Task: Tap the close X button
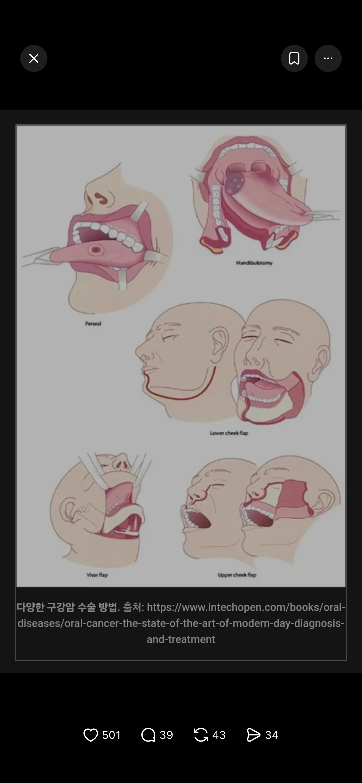coord(34,58)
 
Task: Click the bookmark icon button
coord(294,58)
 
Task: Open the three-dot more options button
coord(328,58)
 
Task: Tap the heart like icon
coord(90,735)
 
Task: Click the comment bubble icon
coord(148,735)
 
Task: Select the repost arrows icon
coord(201,735)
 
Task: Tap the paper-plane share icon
coord(253,735)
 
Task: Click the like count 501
coord(112,735)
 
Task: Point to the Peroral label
coord(93,324)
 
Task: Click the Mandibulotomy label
coord(254,263)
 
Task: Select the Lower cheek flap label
coord(229,433)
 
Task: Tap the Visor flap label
coord(97,575)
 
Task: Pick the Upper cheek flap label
coord(237,575)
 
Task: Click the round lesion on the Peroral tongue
coord(96,250)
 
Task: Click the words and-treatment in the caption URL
coord(181,639)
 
